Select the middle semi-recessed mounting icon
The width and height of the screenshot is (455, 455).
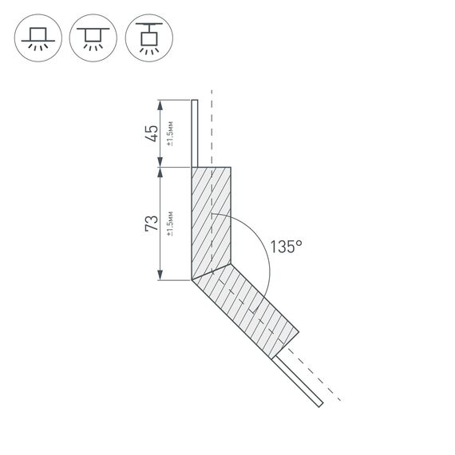93,38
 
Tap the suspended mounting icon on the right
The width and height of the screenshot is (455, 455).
148,38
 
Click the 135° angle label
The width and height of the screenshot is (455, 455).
286,247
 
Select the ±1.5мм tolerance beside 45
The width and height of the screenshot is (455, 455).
170,133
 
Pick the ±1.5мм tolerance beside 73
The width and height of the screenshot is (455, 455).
170,224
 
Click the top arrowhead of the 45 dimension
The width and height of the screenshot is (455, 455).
161,103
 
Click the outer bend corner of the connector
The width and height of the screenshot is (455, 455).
192,280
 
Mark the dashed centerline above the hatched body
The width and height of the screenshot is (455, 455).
212,128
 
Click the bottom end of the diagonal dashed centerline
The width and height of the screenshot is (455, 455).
341,399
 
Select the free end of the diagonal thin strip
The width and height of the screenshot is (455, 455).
321,406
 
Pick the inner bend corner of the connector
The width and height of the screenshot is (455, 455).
231,264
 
